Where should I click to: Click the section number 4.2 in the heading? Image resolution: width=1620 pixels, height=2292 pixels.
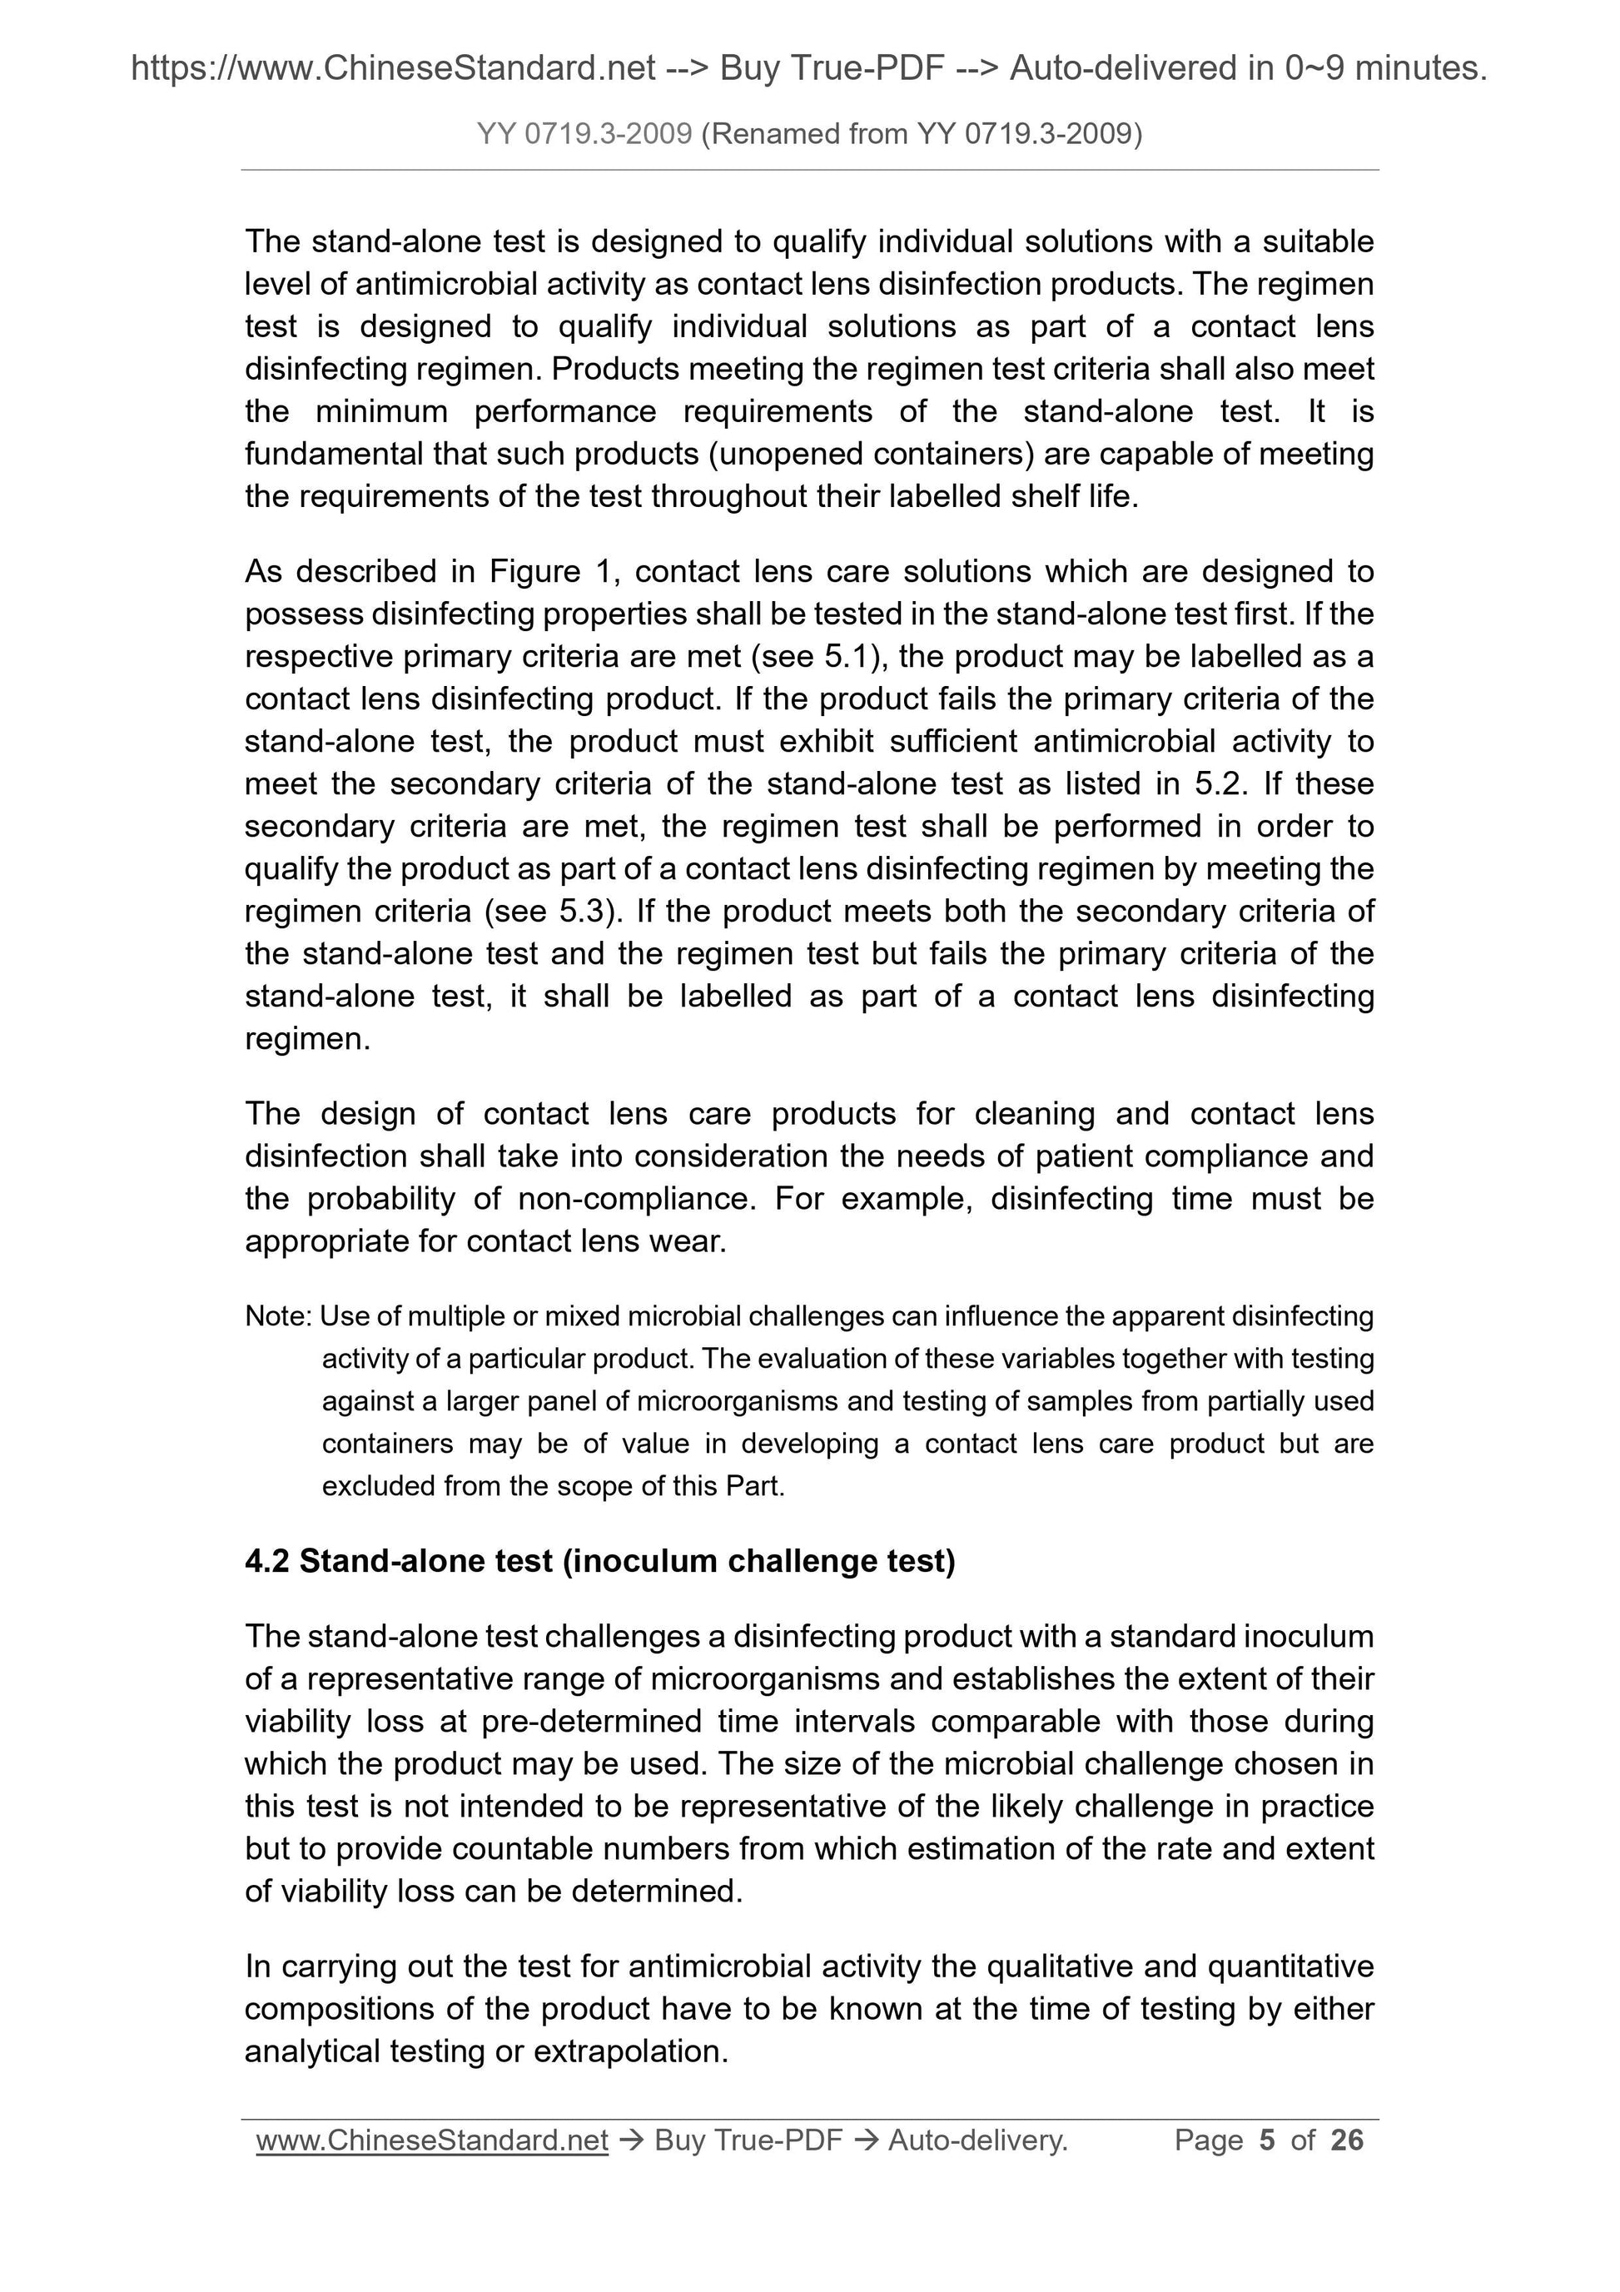[x=266, y=1561]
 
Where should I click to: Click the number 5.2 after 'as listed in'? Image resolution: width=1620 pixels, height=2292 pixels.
[x=1218, y=783]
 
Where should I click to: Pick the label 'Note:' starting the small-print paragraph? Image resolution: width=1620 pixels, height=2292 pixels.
[x=280, y=1317]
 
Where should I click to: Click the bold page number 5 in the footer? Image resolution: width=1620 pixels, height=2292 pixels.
[x=1268, y=2140]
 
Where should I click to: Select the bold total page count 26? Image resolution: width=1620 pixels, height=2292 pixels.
[x=1346, y=2140]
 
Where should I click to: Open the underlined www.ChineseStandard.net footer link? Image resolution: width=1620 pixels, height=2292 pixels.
[x=432, y=2140]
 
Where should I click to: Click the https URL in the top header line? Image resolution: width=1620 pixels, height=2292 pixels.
[x=393, y=68]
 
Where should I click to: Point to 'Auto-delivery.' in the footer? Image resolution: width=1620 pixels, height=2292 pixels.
[x=977, y=2140]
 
